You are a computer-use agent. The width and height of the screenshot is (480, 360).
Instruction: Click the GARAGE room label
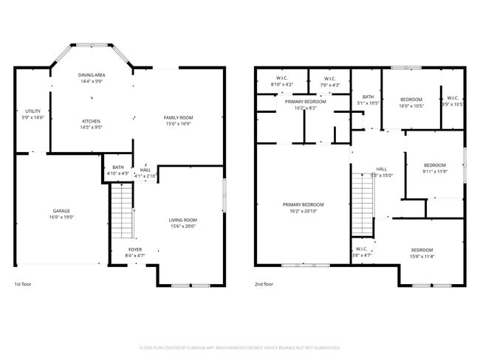61,210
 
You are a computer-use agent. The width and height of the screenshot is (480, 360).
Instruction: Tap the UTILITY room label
33,111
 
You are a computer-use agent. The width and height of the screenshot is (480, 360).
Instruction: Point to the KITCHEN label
91,121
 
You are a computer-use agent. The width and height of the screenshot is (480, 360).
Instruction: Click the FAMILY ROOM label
178,117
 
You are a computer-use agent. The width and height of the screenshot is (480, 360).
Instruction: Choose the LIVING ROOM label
183,220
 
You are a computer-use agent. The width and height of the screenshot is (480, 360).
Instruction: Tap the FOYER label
135,249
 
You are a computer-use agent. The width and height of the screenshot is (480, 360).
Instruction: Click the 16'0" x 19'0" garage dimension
61,217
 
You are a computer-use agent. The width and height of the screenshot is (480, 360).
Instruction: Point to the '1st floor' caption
23,284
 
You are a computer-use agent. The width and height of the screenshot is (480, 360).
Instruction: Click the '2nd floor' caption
264,284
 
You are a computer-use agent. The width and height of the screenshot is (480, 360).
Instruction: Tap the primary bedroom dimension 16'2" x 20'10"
303,211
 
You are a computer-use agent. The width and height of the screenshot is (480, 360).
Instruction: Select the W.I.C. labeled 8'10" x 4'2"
281,85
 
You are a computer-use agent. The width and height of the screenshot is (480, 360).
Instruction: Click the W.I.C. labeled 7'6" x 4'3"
329,85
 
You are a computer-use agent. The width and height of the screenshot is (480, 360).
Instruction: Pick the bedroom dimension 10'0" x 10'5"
411,105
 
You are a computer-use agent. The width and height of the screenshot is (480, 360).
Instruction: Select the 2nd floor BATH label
368,97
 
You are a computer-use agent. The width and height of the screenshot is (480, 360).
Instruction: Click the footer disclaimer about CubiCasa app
239,347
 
